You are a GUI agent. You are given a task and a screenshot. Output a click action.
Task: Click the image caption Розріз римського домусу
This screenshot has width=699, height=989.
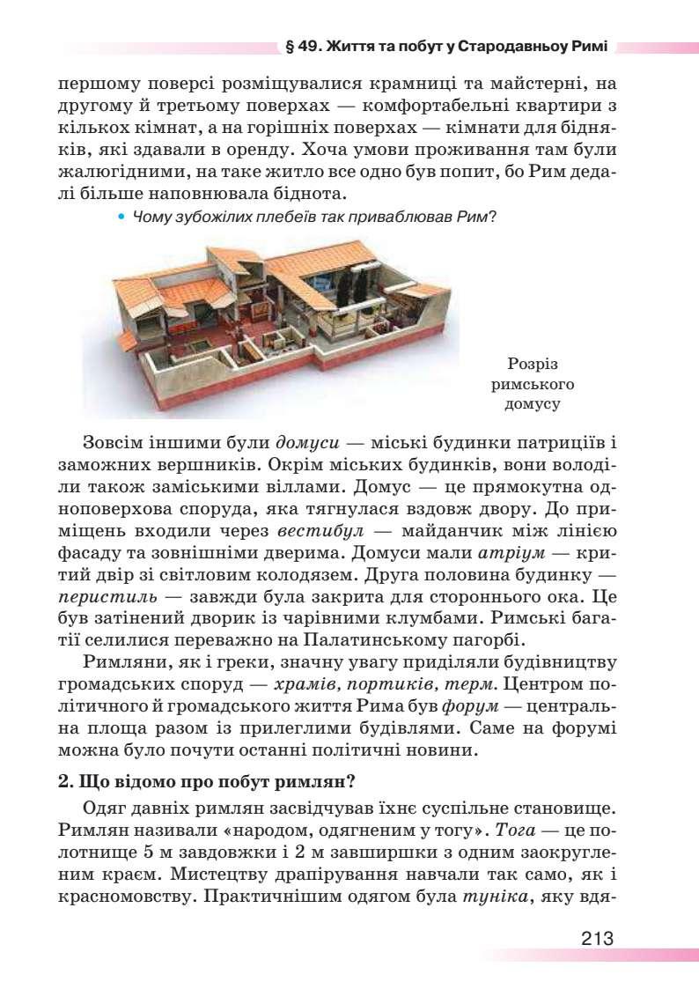point(533,385)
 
